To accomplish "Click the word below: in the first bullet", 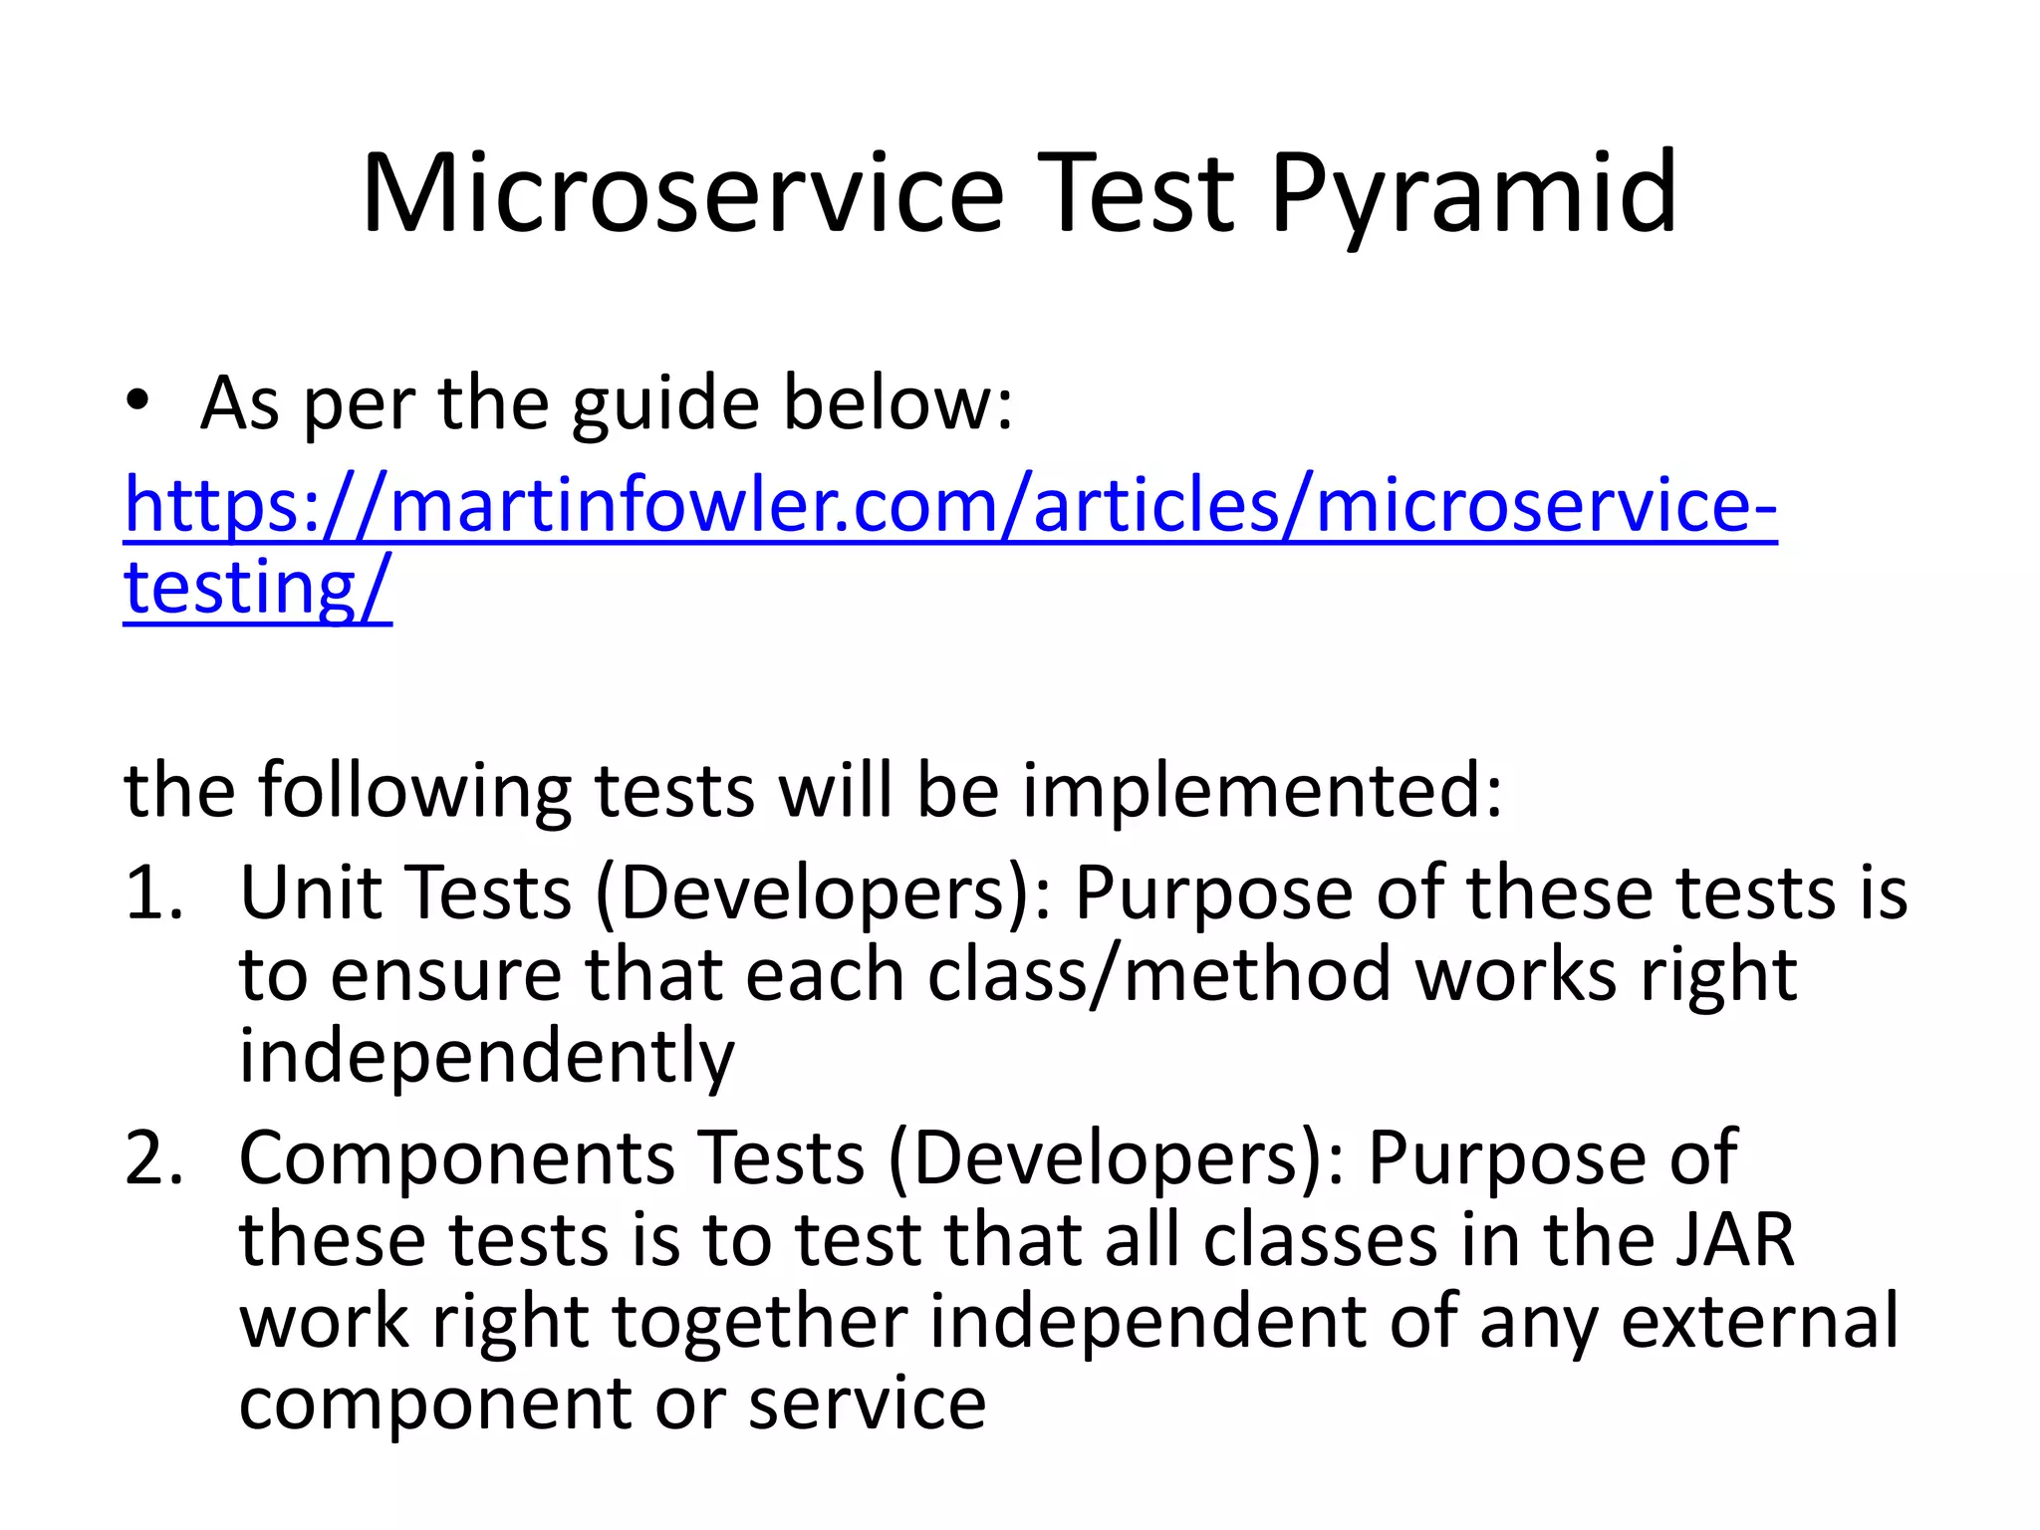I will pos(897,402).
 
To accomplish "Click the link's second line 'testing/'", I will pos(257,588).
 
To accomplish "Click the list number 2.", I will pos(154,1158).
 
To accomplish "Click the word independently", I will pos(486,1057).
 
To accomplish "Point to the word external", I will pos(1759,1322).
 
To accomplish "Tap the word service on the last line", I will pos(867,1403).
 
